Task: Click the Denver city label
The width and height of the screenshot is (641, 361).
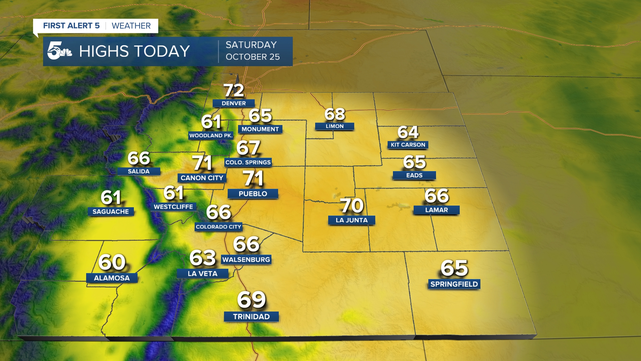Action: tap(234, 103)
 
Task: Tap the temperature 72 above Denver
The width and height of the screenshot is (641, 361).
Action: tap(234, 90)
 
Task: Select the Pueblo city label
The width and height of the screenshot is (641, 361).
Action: tap(253, 194)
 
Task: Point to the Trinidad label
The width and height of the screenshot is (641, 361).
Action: tap(251, 317)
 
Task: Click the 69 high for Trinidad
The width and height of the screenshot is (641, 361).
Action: tap(251, 299)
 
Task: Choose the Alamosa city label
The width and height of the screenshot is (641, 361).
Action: tap(112, 278)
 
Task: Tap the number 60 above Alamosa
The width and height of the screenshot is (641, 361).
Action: tap(112, 262)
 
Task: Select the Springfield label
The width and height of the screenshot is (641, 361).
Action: tap(454, 284)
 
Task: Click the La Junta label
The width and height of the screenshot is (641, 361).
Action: tap(352, 220)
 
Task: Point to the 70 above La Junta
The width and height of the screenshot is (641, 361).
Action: tap(352, 205)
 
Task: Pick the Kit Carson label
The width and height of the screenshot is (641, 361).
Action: tap(408, 145)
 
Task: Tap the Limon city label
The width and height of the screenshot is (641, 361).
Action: tap(335, 126)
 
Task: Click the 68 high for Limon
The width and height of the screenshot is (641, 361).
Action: tap(335, 114)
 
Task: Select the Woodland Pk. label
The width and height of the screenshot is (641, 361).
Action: tap(211, 135)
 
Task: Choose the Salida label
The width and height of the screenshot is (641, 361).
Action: tap(139, 171)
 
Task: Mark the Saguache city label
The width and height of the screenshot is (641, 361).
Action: tap(111, 212)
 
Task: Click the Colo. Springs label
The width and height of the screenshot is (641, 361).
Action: tap(248, 162)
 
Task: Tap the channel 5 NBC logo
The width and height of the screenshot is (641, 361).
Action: tap(59, 51)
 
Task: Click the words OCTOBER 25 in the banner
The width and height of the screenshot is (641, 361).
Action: tap(252, 57)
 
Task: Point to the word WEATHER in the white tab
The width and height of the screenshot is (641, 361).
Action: tap(131, 26)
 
